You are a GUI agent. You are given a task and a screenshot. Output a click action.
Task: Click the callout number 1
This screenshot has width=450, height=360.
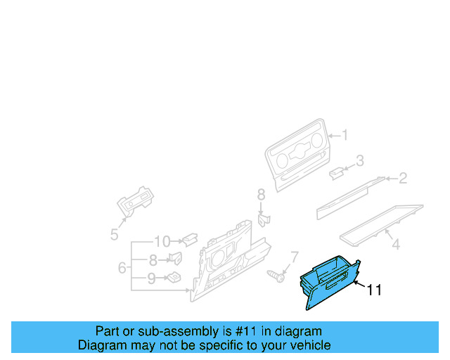click(345, 135)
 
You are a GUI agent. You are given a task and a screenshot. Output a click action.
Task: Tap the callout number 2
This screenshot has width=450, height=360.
click(403, 179)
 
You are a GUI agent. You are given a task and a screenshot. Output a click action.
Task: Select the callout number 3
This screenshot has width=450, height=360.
click(360, 161)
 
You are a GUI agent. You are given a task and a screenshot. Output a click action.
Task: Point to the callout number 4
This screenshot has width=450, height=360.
click(396, 245)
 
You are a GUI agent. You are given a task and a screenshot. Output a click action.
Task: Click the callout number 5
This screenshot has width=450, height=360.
click(114, 235)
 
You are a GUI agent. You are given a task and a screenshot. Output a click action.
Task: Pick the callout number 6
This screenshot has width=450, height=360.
click(122, 268)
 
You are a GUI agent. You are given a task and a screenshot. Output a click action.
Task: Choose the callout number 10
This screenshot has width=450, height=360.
click(162, 241)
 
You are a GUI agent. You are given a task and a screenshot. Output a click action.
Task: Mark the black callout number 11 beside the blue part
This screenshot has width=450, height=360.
click(375, 290)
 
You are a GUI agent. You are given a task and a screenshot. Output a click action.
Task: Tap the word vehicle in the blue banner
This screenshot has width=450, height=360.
click(307, 345)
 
